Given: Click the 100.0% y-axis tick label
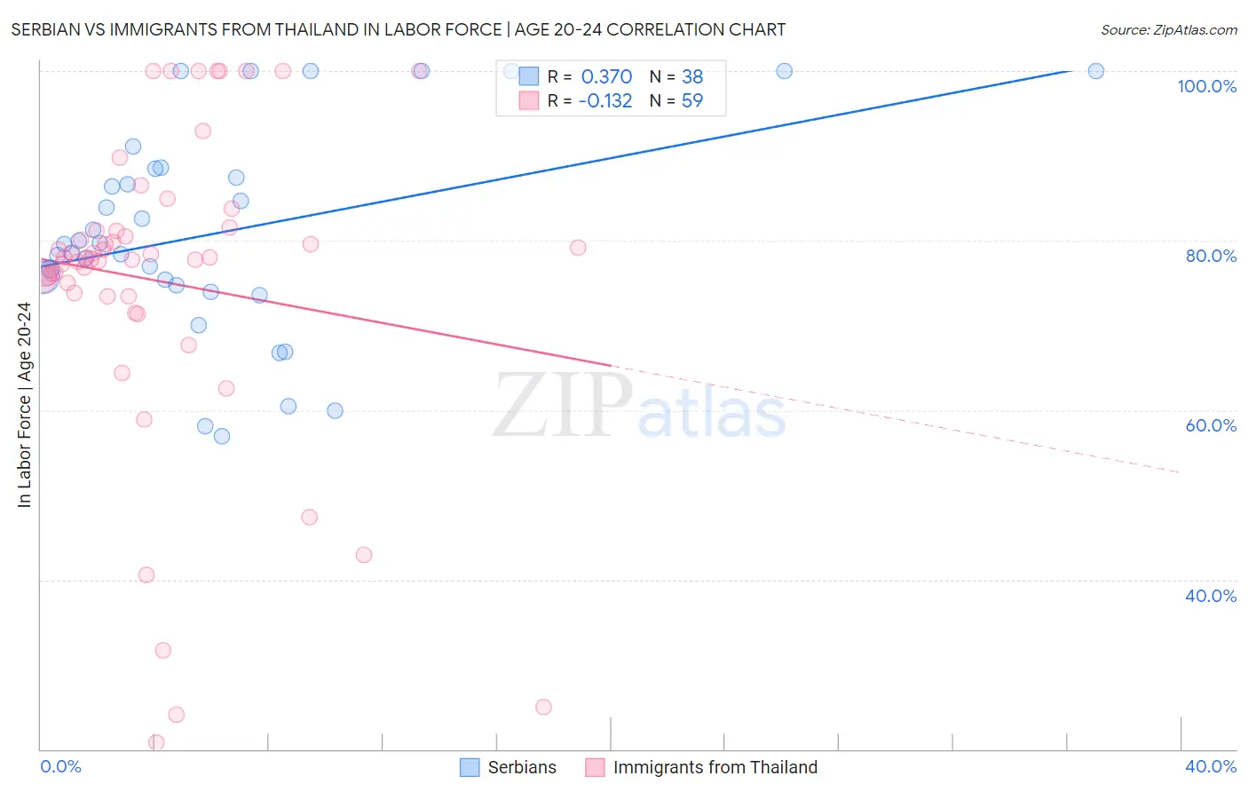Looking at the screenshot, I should [1206, 86].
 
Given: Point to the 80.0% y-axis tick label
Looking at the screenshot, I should [1211, 256].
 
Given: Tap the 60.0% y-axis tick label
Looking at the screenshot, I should [1211, 425].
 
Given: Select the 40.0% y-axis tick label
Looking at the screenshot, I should [1211, 596].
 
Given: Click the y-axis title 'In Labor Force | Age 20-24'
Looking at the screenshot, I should [24, 405].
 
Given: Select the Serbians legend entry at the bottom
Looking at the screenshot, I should [509, 767].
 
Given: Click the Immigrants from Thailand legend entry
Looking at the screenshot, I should [702, 767].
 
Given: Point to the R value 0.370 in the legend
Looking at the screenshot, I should [606, 77].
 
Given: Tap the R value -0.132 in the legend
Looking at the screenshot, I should [604, 101].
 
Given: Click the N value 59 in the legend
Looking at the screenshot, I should [692, 101].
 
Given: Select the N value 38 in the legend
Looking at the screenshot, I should [692, 77].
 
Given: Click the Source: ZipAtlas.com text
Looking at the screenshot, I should [1168, 30].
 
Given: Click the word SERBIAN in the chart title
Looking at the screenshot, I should [48, 30].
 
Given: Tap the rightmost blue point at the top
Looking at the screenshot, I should [1096, 71].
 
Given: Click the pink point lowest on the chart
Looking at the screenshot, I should [156, 742].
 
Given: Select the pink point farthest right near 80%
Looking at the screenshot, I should [578, 248].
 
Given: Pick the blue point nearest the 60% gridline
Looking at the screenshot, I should [335, 410].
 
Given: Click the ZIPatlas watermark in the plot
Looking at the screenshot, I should [639, 407].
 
